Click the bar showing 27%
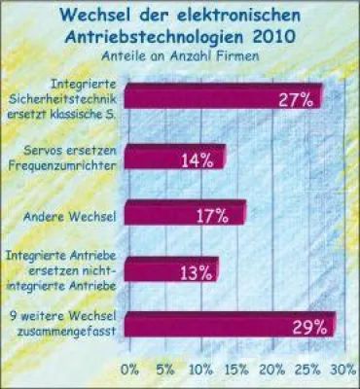pyautogui.click(x=224, y=98)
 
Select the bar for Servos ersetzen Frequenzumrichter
pyautogui.click(x=175, y=158)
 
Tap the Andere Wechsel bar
pyautogui.click(x=185, y=214)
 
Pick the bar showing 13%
pyautogui.click(x=171, y=270)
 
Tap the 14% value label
pyautogui.click(x=197, y=159)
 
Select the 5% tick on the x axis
pyautogui.click(x=165, y=370)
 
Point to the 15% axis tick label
pyautogui.click(x=236, y=370)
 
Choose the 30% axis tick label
pyautogui.click(x=341, y=370)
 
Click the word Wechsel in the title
pyautogui.click(x=105, y=16)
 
